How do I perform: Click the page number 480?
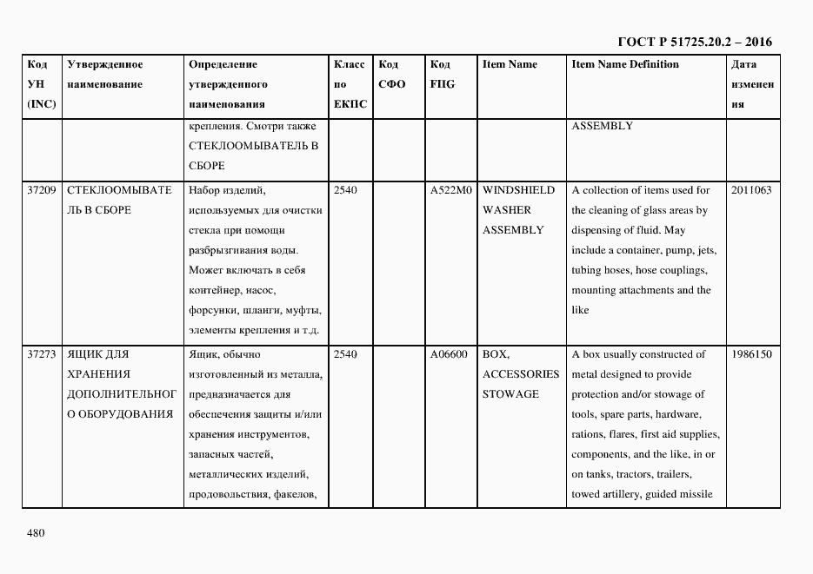click(36, 532)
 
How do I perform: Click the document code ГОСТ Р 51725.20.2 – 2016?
click(695, 42)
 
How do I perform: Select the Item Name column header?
click(510, 64)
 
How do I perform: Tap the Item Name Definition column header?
click(624, 64)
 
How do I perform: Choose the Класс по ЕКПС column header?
click(350, 84)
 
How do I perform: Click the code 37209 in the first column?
click(42, 190)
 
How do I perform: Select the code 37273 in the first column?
click(42, 354)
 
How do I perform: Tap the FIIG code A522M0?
click(450, 190)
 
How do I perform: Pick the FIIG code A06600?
click(450, 354)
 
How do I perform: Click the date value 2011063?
click(751, 190)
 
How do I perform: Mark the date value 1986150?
click(751, 354)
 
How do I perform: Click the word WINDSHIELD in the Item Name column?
click(517, 190)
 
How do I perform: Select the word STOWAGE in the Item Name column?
click(510, 394)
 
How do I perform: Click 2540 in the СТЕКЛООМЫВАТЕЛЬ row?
click(345, 190)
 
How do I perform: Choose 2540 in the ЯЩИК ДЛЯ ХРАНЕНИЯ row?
click(345, 354)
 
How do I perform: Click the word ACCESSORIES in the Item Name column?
click(521, 374)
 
